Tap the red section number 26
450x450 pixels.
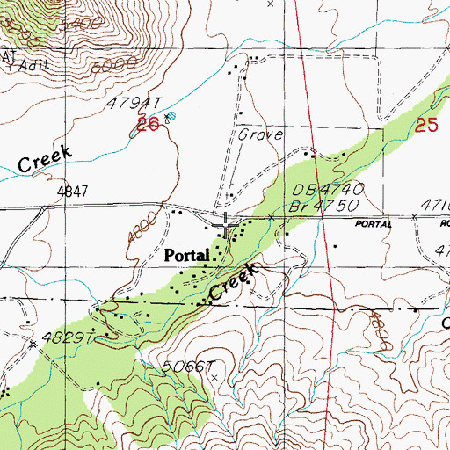tap(148, 127)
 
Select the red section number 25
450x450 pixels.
tap(427, 126)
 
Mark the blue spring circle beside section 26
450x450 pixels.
tap(171, 116)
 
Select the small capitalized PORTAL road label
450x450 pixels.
tap(374, 224)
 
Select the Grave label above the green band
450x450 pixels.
tap(260, 135)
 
